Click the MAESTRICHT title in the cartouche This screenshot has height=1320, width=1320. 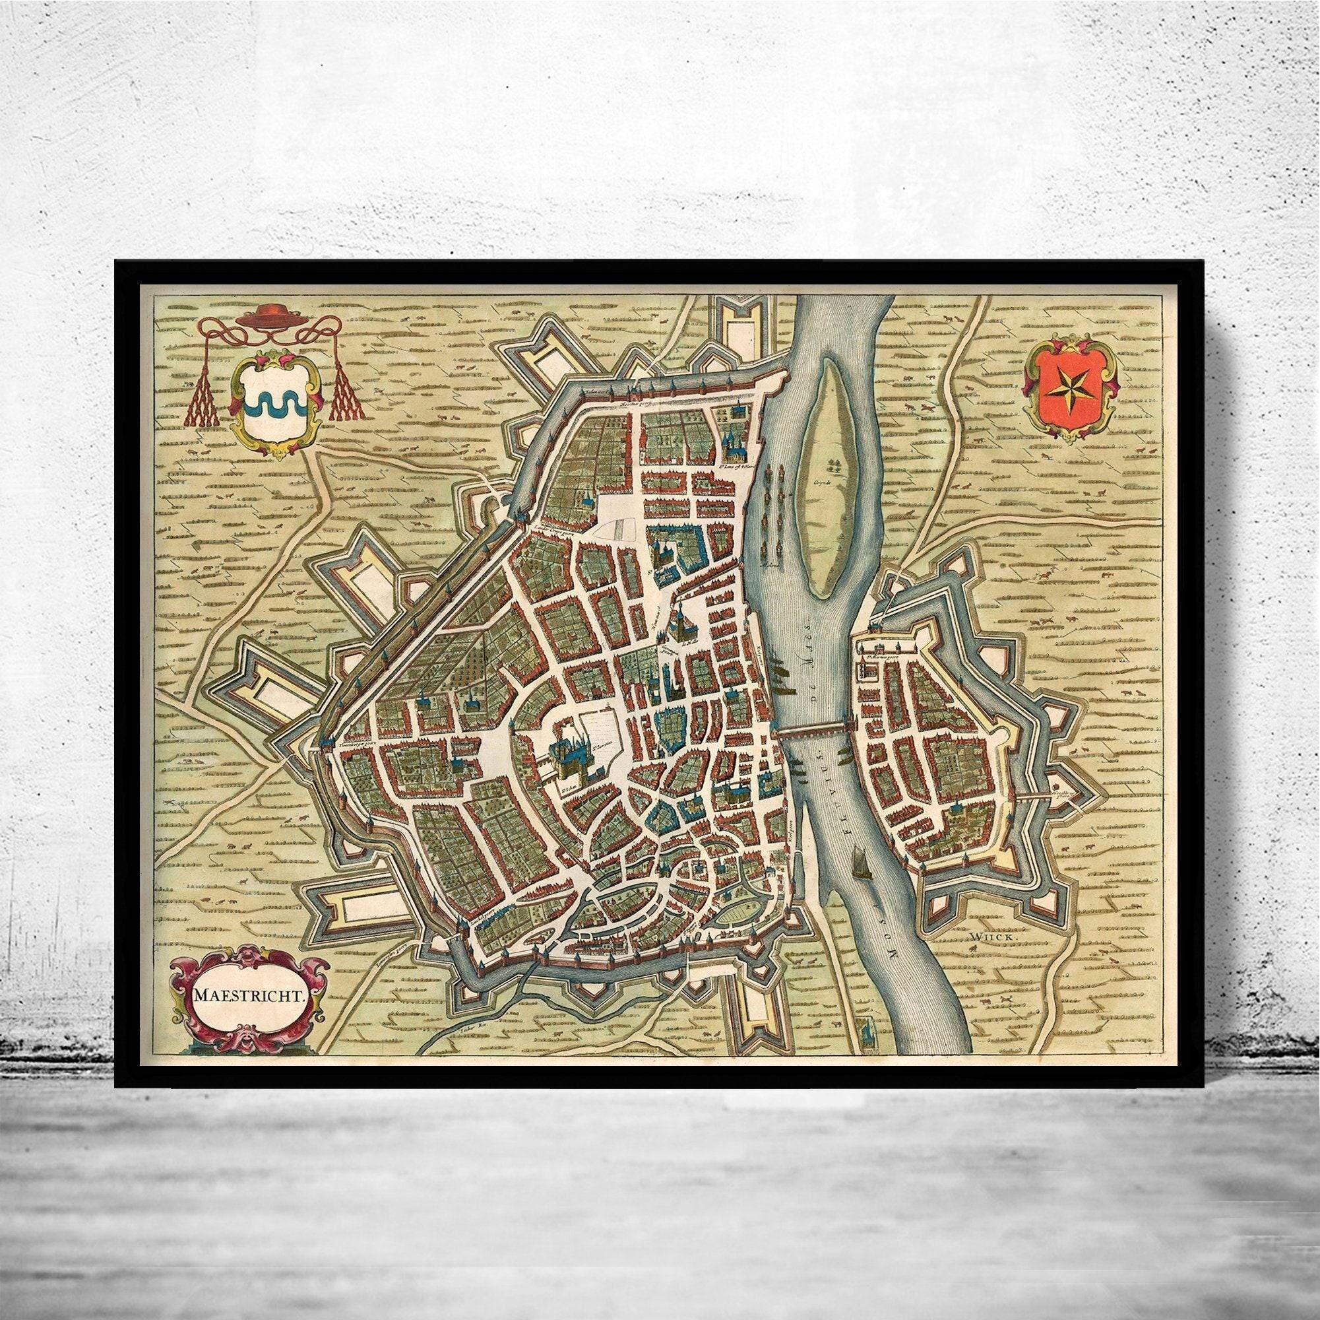point(249,995)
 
